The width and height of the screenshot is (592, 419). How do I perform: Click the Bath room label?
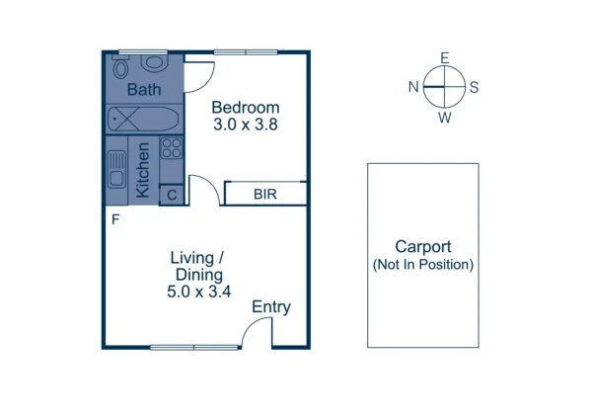coord(143,90)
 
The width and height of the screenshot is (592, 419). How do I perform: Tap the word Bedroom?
coord(246,108)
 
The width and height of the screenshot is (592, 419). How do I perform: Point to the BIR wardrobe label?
coord(265,194)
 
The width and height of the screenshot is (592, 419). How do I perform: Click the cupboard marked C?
coord(172,195)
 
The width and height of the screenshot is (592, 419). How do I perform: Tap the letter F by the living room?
coord(115,219)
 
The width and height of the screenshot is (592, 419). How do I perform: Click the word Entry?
coord(270,307)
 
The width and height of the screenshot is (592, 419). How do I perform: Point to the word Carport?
coord(422,247)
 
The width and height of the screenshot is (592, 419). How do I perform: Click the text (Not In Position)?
coord(422,265)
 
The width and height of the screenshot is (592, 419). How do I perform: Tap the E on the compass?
coord(445,58)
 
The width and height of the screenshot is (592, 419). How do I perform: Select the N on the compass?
coord(413,87)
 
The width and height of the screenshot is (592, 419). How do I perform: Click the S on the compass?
coord(475,87)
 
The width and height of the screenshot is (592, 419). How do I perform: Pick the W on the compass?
coord(445,118)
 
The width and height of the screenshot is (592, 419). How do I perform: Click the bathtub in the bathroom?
coord(143,121)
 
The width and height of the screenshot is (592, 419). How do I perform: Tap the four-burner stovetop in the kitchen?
coord(171,149)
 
